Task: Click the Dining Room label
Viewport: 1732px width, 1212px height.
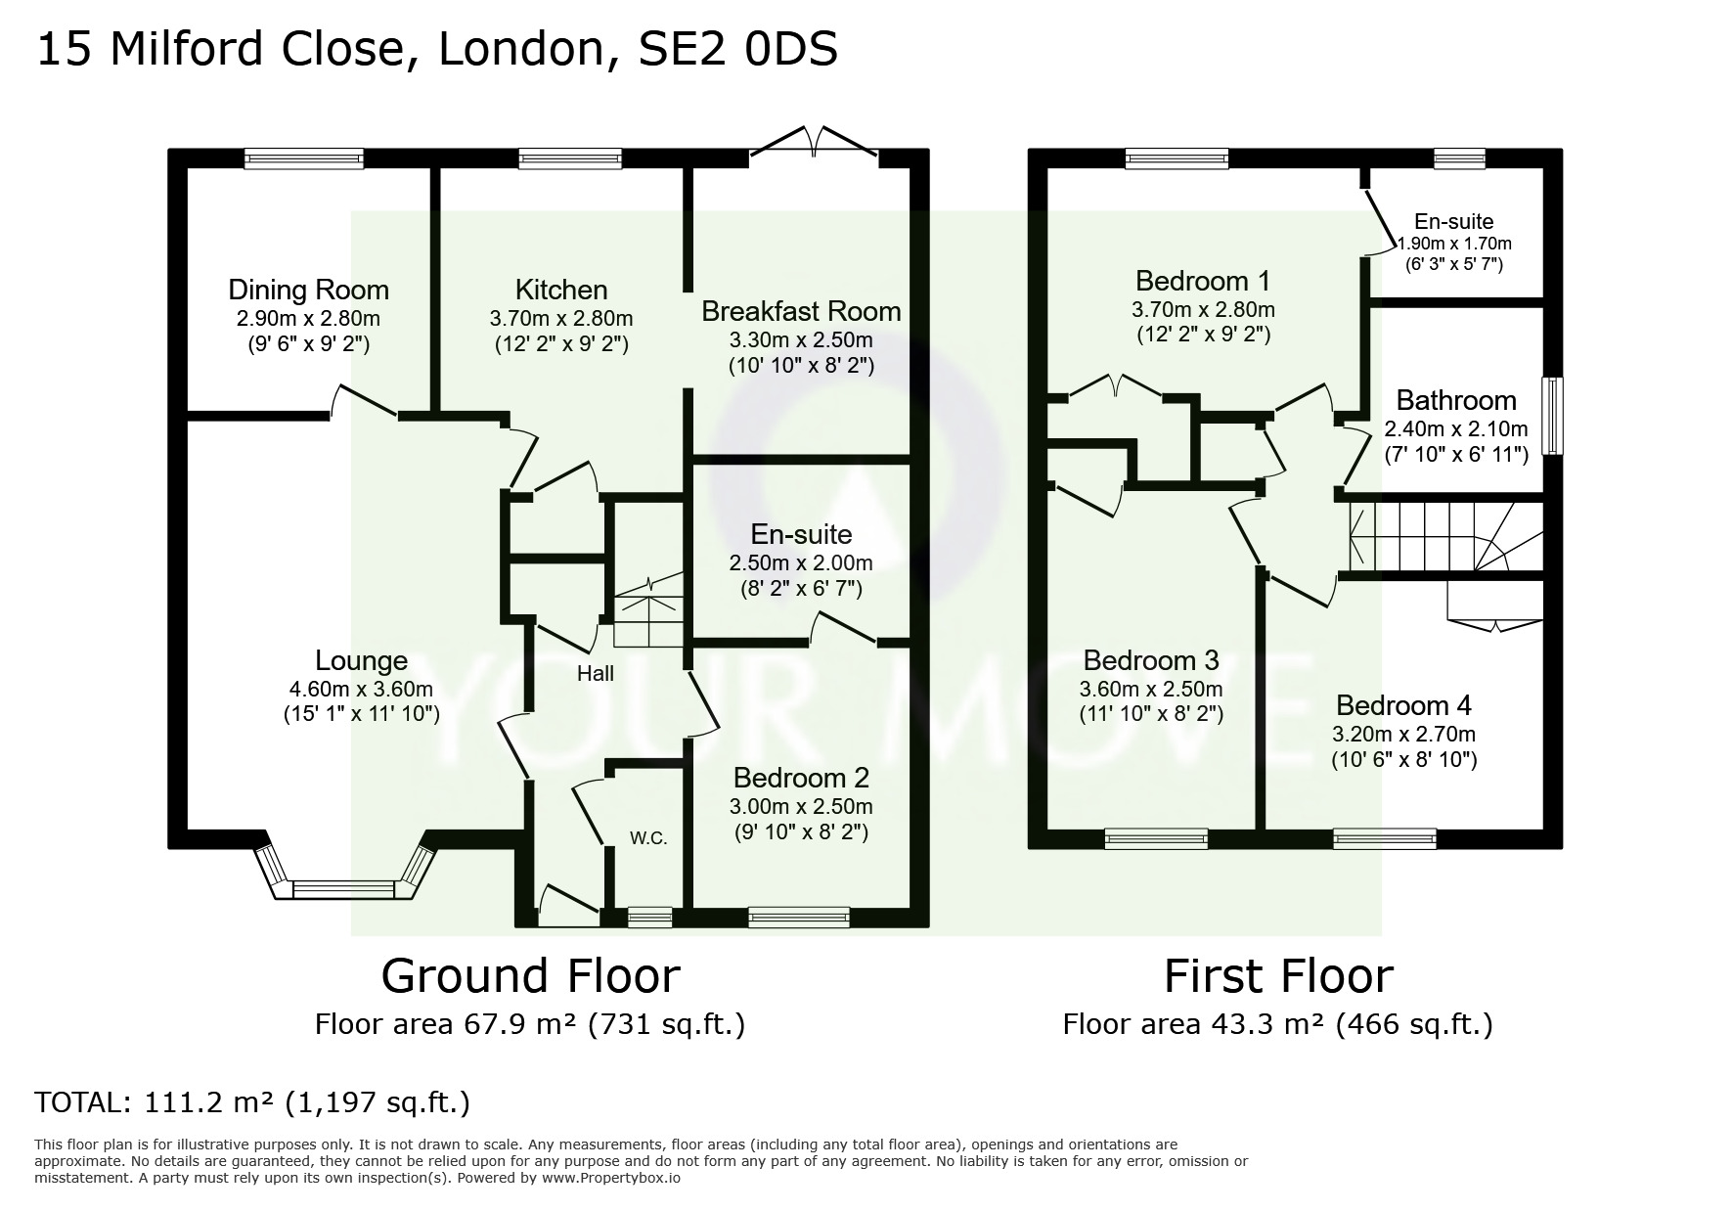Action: [308, 290]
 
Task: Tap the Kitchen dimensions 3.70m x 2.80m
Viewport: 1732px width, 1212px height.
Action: [560, 318]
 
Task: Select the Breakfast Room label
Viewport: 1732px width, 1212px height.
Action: [801, 311]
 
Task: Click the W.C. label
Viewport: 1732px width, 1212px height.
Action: [648, 838]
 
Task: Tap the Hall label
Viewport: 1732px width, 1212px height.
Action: [595, 673]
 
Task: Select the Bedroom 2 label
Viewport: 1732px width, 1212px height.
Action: [801, 778]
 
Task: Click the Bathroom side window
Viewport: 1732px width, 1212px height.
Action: [1552, 416]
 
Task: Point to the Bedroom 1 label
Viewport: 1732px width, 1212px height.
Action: [1202, 281]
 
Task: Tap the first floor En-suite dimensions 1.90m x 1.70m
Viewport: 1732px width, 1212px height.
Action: [1453, 244]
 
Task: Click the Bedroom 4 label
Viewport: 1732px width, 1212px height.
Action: [1403, 705]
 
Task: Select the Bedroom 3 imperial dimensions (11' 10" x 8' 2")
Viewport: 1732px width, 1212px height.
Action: [1151, 714]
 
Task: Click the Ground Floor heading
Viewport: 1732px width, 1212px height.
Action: [530, 975]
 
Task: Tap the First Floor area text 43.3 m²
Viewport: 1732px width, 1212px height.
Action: [1264, 1024]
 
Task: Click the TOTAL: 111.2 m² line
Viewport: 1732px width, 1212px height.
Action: [252, 1102]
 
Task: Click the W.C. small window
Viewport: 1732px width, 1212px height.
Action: [649, 917]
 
